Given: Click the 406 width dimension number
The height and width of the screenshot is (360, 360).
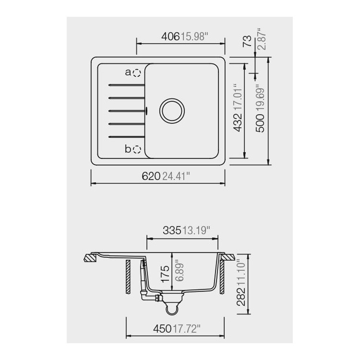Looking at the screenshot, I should click(170, 37).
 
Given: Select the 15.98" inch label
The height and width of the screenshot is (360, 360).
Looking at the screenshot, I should click(195, 37).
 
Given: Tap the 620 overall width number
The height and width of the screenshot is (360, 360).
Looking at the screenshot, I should click(151, 176).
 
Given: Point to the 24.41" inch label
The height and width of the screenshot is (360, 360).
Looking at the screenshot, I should click(176, 176).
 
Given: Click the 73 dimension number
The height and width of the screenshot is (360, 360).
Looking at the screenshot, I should click(248, 41).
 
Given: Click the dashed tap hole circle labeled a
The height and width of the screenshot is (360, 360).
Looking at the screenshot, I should click(137, 73).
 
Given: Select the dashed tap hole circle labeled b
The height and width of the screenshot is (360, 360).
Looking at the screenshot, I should click(137, 149).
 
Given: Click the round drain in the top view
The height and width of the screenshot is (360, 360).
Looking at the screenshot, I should click(172, 110).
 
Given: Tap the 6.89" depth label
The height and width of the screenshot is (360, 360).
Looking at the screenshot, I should click(176, 274).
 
